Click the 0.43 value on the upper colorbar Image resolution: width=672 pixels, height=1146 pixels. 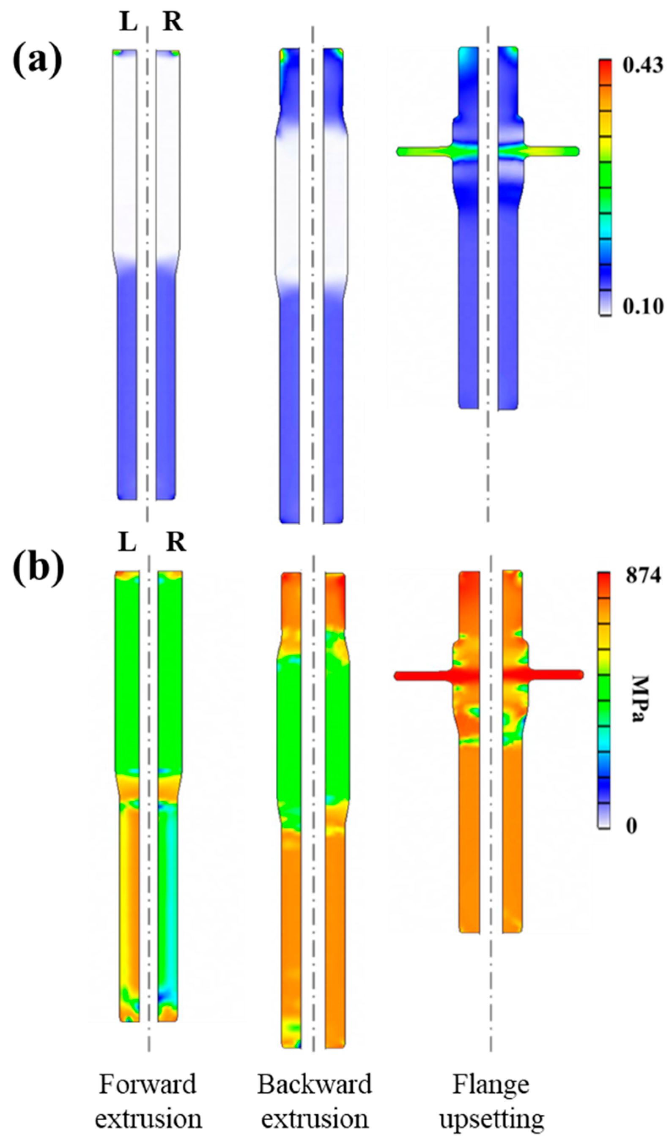pos(643,66)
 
